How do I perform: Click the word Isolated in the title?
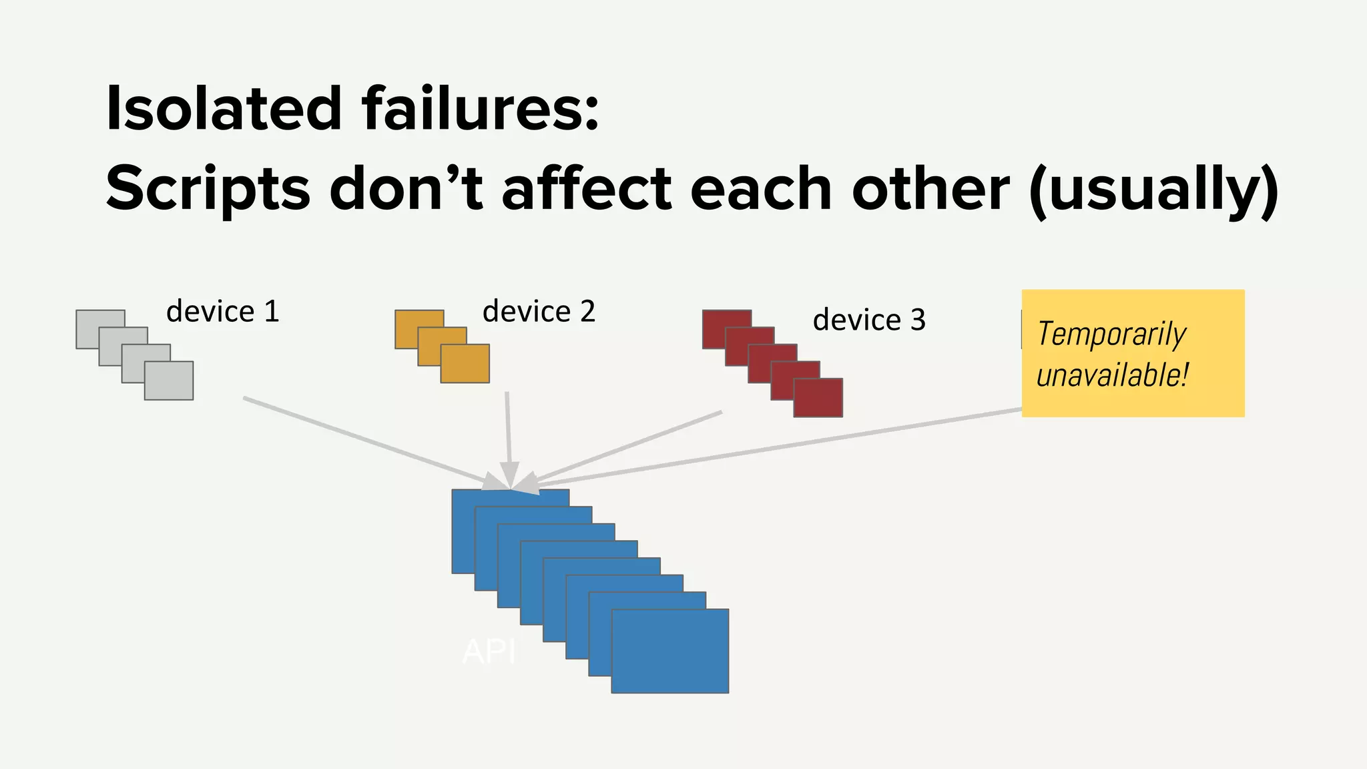224,108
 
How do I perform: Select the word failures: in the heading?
481,108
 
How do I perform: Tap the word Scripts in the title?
208,189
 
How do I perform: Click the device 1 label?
222,312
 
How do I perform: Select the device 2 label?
539,312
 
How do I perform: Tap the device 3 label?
869,320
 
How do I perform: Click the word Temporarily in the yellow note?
1111,334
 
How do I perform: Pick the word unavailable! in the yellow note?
1112,375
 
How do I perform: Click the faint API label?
489,652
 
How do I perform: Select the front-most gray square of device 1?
169,380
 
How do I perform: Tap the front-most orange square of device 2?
465,363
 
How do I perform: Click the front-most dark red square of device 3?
818,398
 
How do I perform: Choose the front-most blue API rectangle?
669,651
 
